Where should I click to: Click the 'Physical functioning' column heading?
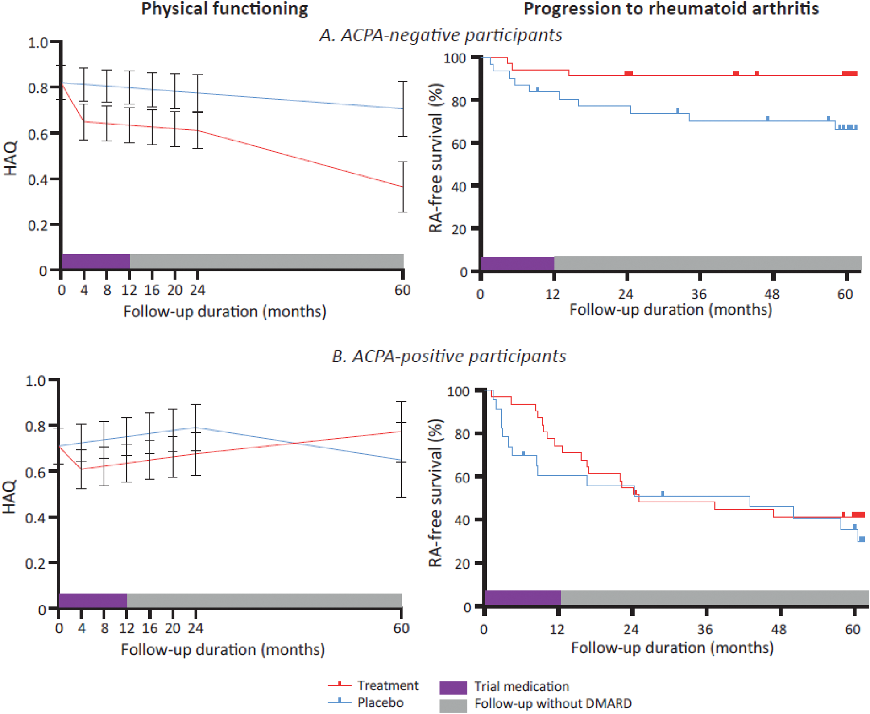pyautogui.click(x=224, y=9)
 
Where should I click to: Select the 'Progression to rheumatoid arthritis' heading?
pyautogui.click(x=671, y=9)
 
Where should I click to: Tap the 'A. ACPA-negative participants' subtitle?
pyautogui.click(x=440, y=35)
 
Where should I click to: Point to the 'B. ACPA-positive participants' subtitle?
pyautogui.click(x=448, y=356)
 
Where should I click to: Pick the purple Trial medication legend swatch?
pyautogui.click(x=453, y=688)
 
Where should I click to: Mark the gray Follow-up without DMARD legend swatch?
pyautogui.click(x=453, y=706)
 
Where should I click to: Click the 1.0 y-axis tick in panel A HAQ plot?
pyautogui.click(x=37, y=43)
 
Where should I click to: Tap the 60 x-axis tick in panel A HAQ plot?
pyautogui.click(x=402, y=291)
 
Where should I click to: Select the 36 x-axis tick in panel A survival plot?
pyautogui.click(x=699, y=295)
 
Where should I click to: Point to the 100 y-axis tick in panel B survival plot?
pyautogui.click(x=458, y=392)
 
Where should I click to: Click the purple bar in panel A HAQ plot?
pyautogui.click(x=95, y=261)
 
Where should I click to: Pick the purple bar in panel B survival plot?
pyautogui.click(x=522, y=598)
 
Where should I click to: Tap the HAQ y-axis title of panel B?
pyautogui.click(x=10, y=496)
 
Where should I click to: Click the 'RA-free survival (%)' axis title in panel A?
pyautogui.click(x=435, y=158)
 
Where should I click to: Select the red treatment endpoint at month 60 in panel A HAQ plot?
pyautogui.click(x=403, y=187)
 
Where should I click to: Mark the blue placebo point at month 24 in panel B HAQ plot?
pyautogui.click(x=195, y=428)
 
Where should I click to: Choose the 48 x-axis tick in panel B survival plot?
pyautogui.click(x=779, y=630)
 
